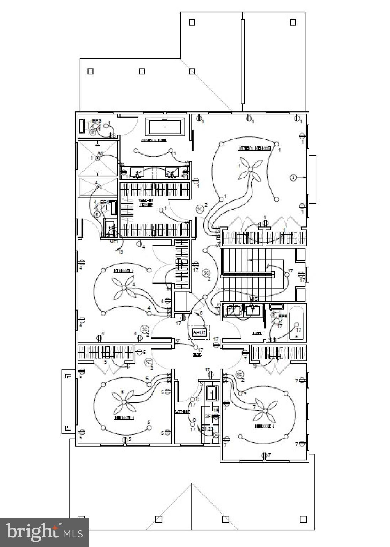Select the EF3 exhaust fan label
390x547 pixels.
pos(97,121)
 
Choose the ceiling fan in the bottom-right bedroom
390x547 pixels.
pos(265,411)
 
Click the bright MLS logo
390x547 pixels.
pos(44,532)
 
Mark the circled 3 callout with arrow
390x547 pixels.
pos(293,177)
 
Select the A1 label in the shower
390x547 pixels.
pos(100,153)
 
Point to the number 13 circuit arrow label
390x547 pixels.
pos(121,251)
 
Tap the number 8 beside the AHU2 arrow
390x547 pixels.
pos(201,313)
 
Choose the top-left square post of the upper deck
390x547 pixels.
pos(192,22)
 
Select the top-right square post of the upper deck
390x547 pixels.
pos(293,22)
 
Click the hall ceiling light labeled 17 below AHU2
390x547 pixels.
pos(196,347)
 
